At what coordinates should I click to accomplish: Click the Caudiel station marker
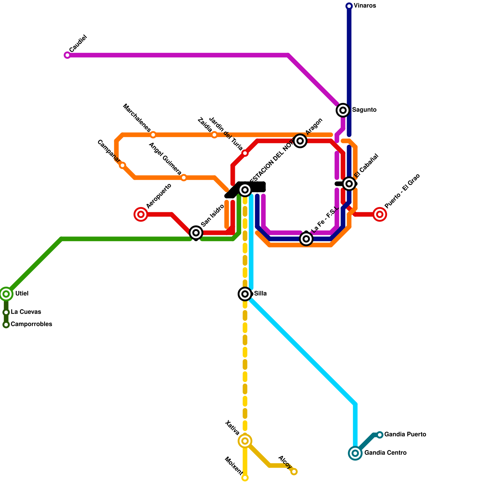pyautogui.click(x=67, y=55)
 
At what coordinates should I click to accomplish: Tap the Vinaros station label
pyautogui.click(x=365, y=6)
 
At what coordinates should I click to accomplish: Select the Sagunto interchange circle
pyautogui.click(x=343, y=110)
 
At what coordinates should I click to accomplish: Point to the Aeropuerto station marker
pyautogui.click(x=141, y=214)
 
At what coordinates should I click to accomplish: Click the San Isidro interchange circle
pyautogui.click(x=196, y=233)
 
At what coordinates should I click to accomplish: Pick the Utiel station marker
pyautogui.click(x=6, y=294)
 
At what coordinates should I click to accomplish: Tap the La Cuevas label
pyautogui.click(x=26, y=312)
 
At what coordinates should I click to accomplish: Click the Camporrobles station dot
pyautogui.click(x=6, y=325)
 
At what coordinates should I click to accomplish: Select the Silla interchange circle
pyautogui.click(x=245, y=294)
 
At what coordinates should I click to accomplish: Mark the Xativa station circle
pyautogui.click(x=245, y=441)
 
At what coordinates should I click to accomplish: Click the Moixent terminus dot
pyautogui.click(x=245, y=478)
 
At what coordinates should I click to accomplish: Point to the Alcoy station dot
pyautogui.click(x=294, y=472)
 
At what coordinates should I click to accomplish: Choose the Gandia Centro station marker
pyautogui.click(x=355, y=453)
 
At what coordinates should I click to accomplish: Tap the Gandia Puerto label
pyautogui.click(x=405, y=435)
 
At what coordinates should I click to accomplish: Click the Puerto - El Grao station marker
pyautogui.click(x=380, y=214)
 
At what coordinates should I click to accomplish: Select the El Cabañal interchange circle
pyautogui.click(x=349, y=184)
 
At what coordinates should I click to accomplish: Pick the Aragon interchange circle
pyautogui.click(x=300, y=141)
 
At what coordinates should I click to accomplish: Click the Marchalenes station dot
pyautogui.click(x=153, y=135)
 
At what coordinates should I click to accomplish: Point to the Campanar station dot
pyautogui.click(x=123, y=165)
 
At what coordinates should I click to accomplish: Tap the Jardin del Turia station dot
pyautogui.click(x=245, y=153)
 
